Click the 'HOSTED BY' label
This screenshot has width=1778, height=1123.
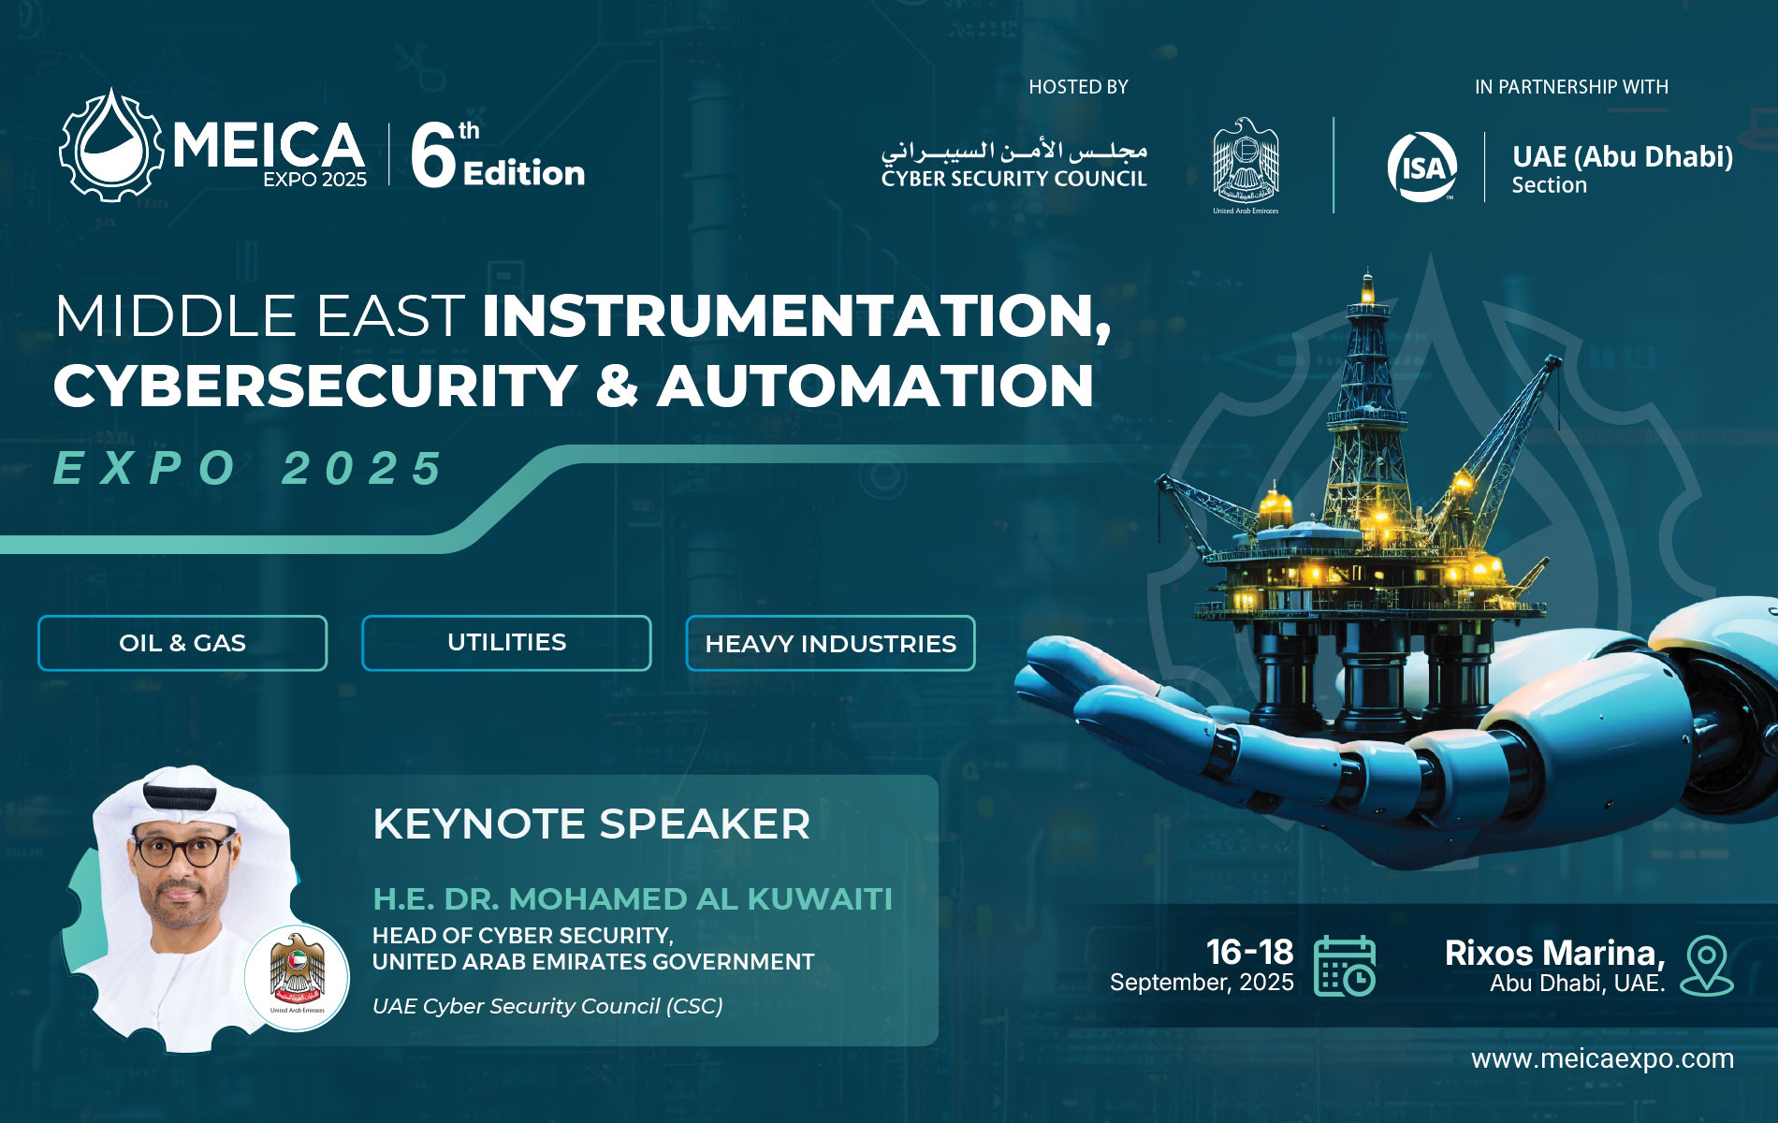[x=1078, y=87]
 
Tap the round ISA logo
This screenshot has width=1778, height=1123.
[x=1422, y=168]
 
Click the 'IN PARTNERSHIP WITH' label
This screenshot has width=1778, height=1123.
[x=1571, y=87]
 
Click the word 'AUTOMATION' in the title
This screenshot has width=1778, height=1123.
[x=876, y=385]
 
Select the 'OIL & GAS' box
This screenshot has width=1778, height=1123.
[x=182, y=643]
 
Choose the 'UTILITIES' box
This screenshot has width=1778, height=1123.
[x=506, y=643]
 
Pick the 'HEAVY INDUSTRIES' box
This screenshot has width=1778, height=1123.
[x=830, y=643]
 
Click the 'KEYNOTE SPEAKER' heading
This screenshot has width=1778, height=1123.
[x=591, y=824]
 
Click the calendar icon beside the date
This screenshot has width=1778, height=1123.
[x=1345, y=965]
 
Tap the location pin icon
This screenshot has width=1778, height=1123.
[x=1707, y=965]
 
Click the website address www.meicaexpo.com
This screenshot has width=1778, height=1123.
[x=1602, y=1058]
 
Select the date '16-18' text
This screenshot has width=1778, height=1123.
[x=1249, y=952]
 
